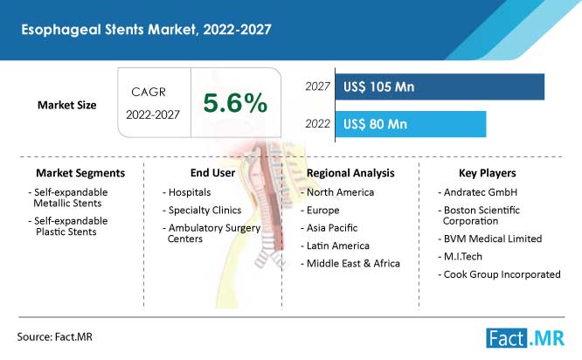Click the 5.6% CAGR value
235,103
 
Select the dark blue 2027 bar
440,87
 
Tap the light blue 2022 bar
411,124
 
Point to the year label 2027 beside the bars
317,87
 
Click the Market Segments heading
80,173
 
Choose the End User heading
212,173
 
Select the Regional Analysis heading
350,173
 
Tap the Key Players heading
488,173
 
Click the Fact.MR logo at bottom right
525,338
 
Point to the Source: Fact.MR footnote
54,337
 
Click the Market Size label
66,105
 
